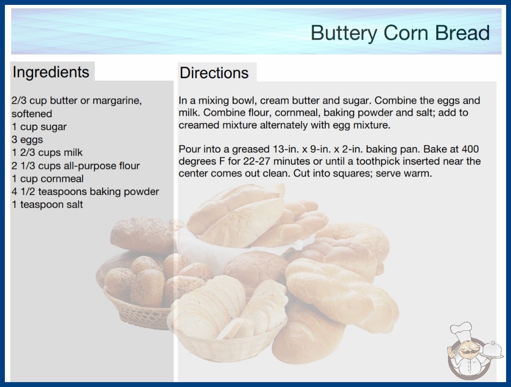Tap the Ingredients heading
(x=51, y=72)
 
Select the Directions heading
(x=214, y=73)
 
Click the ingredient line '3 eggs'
(x=27, y=140)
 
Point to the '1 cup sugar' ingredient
(x=39, y=127)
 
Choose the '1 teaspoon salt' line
(x=47, y=204)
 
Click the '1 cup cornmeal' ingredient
(x=48, y=179)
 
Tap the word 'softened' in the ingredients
(x=32, y=113)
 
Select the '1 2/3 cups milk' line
(x=47, y=152)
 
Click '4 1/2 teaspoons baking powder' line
(x=85, y=192)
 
